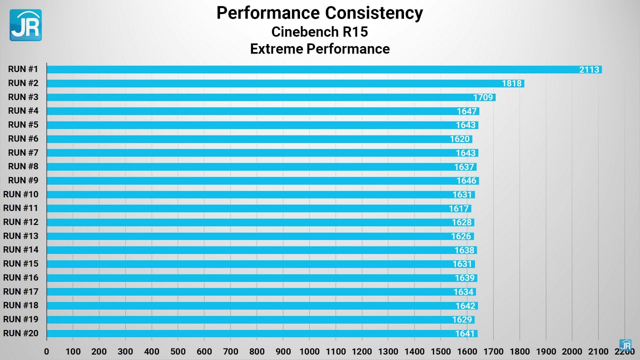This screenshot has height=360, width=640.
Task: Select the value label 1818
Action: (512, 83)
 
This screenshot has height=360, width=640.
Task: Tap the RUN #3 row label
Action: (23, 97)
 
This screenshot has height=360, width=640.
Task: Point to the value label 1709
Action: (483, 97)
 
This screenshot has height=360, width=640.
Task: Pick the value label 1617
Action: (458, 208)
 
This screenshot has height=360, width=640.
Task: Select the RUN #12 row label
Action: (20, 222)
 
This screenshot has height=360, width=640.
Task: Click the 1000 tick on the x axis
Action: (309, 351)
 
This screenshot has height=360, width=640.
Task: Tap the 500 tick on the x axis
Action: (178, 351)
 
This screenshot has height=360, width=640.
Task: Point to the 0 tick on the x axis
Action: (46, 351)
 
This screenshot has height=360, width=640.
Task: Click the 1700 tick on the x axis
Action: (493, 351)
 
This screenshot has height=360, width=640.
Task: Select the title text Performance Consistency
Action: (319, 13)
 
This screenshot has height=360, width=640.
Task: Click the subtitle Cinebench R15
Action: (319, 31)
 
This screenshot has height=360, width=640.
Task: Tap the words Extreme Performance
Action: (319, 49)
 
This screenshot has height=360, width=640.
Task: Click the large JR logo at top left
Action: (25, 25)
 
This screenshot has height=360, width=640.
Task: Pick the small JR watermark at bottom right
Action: (625, 345)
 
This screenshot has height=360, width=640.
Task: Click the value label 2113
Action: (589, 69)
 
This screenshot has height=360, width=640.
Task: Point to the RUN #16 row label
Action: (20, 277)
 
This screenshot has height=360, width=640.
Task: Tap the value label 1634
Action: (463, 292)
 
